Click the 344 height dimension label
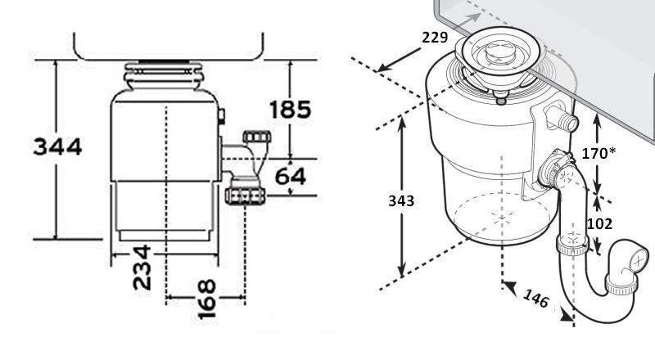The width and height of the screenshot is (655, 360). [x=57, y=146]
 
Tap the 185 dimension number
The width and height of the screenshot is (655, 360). [x=291, y=110]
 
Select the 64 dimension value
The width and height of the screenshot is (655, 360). [x=291, y=176]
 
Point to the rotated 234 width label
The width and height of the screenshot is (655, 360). [x=142, y=268]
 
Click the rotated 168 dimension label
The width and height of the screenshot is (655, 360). [x=207, y=299]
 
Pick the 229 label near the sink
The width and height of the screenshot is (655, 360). [x=435, y=38]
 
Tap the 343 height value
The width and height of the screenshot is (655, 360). [x=401, y=201]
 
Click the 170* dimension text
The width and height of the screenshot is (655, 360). [x=599, y=154]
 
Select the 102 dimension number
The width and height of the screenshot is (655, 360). [x=600, y=224]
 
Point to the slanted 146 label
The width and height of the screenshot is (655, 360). [x=536, y=298]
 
